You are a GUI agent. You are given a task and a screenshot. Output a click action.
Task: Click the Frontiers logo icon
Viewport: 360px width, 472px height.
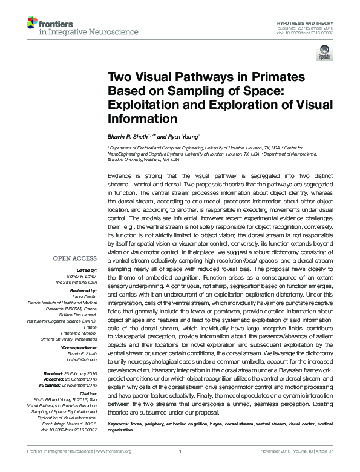coord(31,24)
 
